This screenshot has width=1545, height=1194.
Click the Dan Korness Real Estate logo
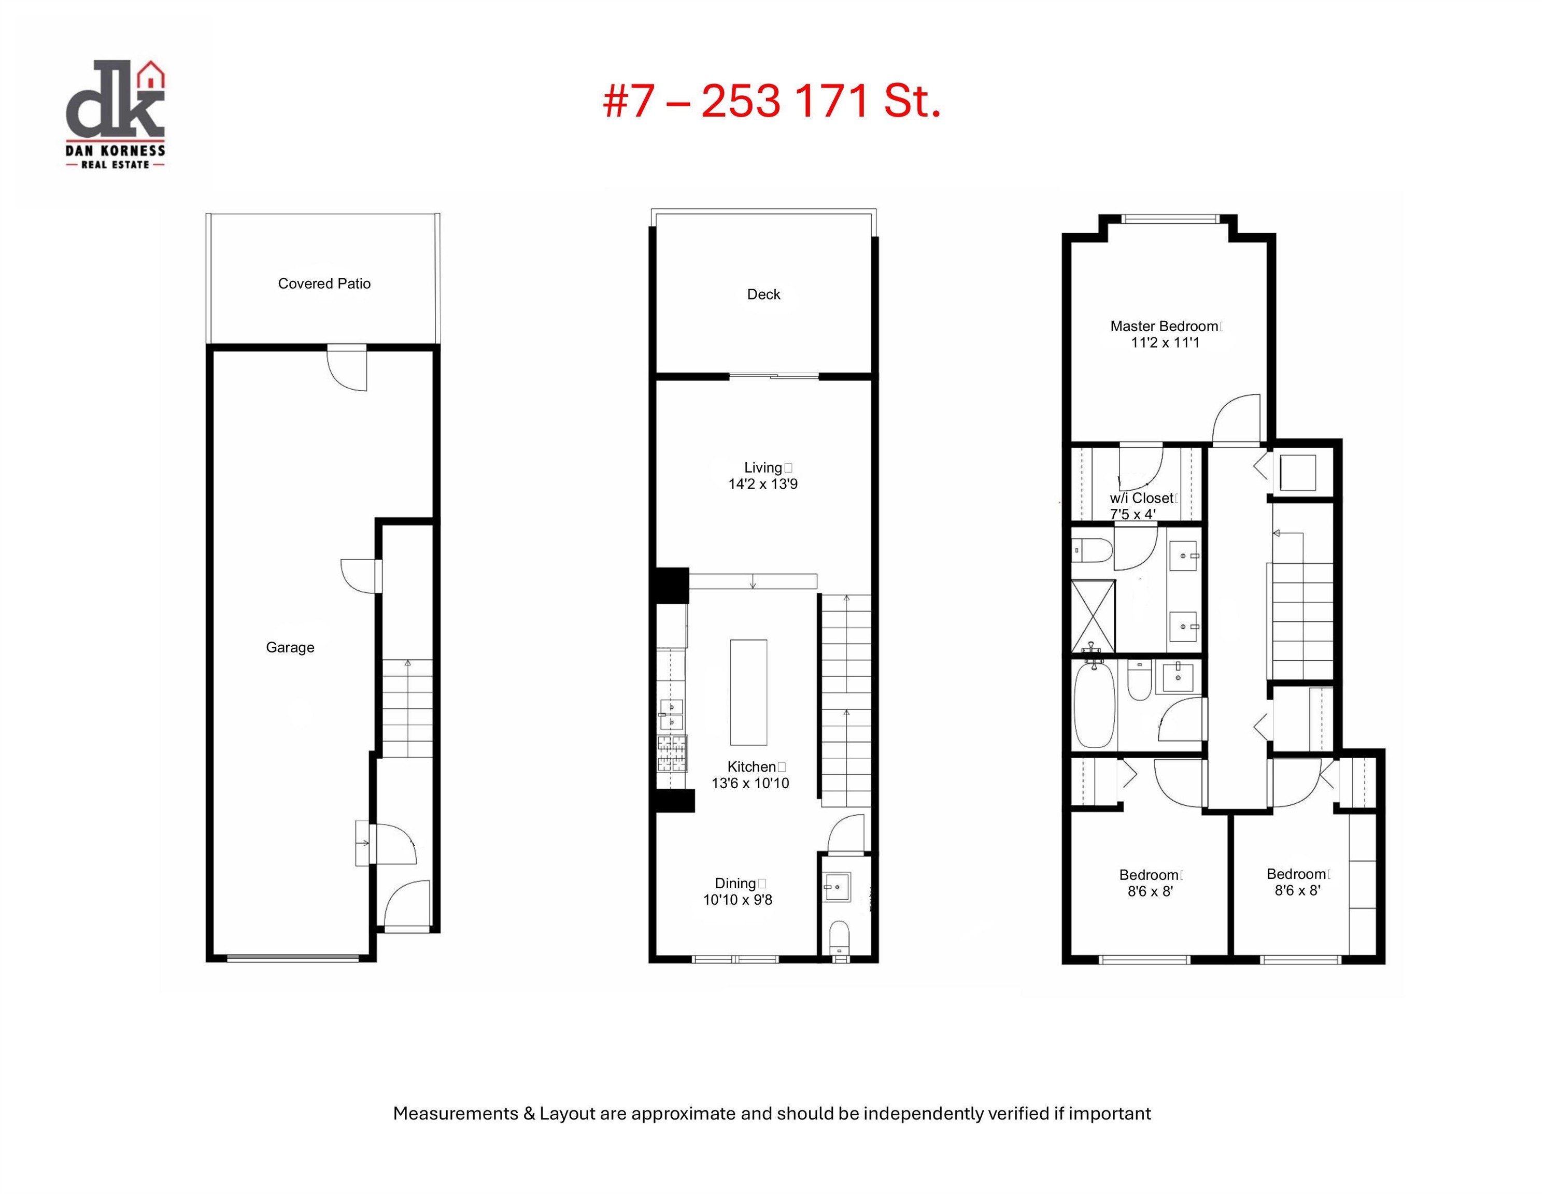[x=115, y=115]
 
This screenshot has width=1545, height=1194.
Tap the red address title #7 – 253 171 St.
[x=772, y=101]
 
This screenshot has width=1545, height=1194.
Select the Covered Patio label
[x=324, y=283]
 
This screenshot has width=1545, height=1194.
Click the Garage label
[x=290, y=647]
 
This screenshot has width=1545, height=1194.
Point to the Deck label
[x=763, y=294]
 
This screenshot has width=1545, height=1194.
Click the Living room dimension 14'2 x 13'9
[x=762, y=485]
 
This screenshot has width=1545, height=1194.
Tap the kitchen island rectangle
[x=748, y=692]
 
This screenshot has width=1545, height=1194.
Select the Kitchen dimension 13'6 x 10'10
[x=750, y=783]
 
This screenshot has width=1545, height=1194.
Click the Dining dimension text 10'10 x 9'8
[x=737, y=900]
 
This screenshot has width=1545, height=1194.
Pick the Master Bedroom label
[x=1165, y=326]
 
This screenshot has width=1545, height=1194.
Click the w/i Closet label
[x=1142, y=498]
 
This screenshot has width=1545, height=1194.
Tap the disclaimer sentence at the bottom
[x=772, y=1113]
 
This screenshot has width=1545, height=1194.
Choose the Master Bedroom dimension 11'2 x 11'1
[x=1165, y=343]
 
